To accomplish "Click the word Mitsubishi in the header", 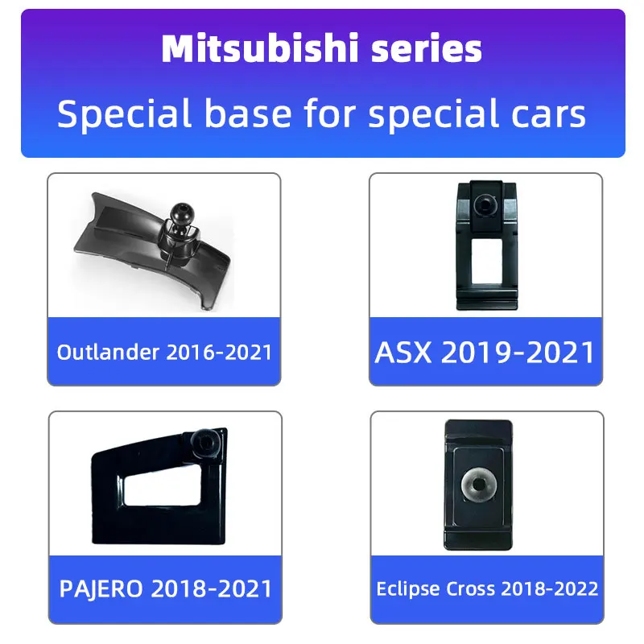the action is pyautogui.click(x=260, y=48).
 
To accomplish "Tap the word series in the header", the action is pyautogui.click(x=427, y=49).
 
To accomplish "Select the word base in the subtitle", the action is pyautogui.click(x=249, y=114).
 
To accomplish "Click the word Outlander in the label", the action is pyautogui.click(x=108, y=352).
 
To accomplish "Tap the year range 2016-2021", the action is pyautogui.click(x=219, y=353).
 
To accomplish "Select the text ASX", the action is pyautogui.click(x=403, y=353).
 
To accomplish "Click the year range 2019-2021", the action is pyautogui.click(x=518, y=353).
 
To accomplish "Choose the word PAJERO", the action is pyautogui.click(x=101, y=588).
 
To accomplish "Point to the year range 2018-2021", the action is pyautogui.click(x=212, y=588).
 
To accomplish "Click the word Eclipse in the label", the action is pyautogui.click(x=408, y=589).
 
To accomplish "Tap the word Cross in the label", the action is pyautogui.click(x=471, y=589).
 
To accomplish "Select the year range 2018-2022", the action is pyautogui.click(x=550, y=589).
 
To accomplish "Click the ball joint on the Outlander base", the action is pyautogui.click(x=182, y=214).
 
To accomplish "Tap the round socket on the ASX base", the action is pyautogui.click(x=485, y=204).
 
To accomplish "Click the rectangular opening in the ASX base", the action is pyautogui.click(x=487, y=261).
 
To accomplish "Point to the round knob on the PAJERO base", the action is pyautogui.click(x=204, y=444).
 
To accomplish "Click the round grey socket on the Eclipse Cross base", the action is pyautogui.click(x=478, y=484).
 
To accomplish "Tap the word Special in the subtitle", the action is pyautogui.click(x=125, y=114).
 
